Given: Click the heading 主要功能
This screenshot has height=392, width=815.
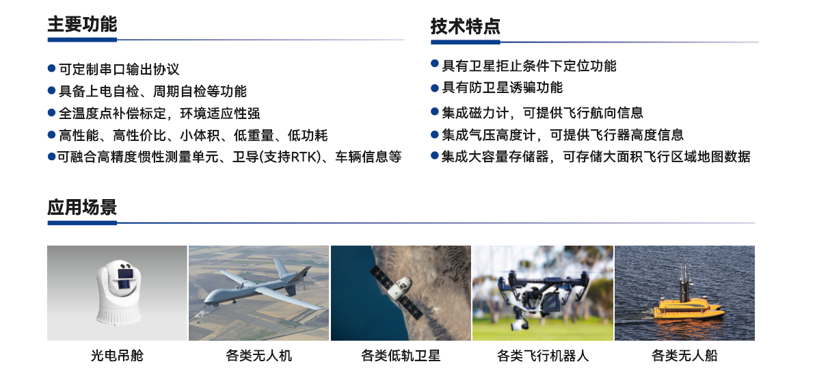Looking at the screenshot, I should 82,25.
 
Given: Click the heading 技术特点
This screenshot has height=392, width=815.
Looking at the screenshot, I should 465,27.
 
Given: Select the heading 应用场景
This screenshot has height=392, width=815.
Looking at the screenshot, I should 82,207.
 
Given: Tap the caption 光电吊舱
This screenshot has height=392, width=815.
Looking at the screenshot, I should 117,356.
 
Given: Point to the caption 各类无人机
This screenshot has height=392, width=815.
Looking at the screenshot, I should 258,356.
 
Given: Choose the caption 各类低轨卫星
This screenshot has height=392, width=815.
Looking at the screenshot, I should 401,356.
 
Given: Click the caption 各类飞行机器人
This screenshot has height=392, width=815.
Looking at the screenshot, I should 542,356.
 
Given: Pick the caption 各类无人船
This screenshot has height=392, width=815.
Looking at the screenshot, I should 684,356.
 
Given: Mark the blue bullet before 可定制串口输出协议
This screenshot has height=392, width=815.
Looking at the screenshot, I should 51,68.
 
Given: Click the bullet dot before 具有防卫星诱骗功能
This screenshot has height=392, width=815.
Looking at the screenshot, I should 434,87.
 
